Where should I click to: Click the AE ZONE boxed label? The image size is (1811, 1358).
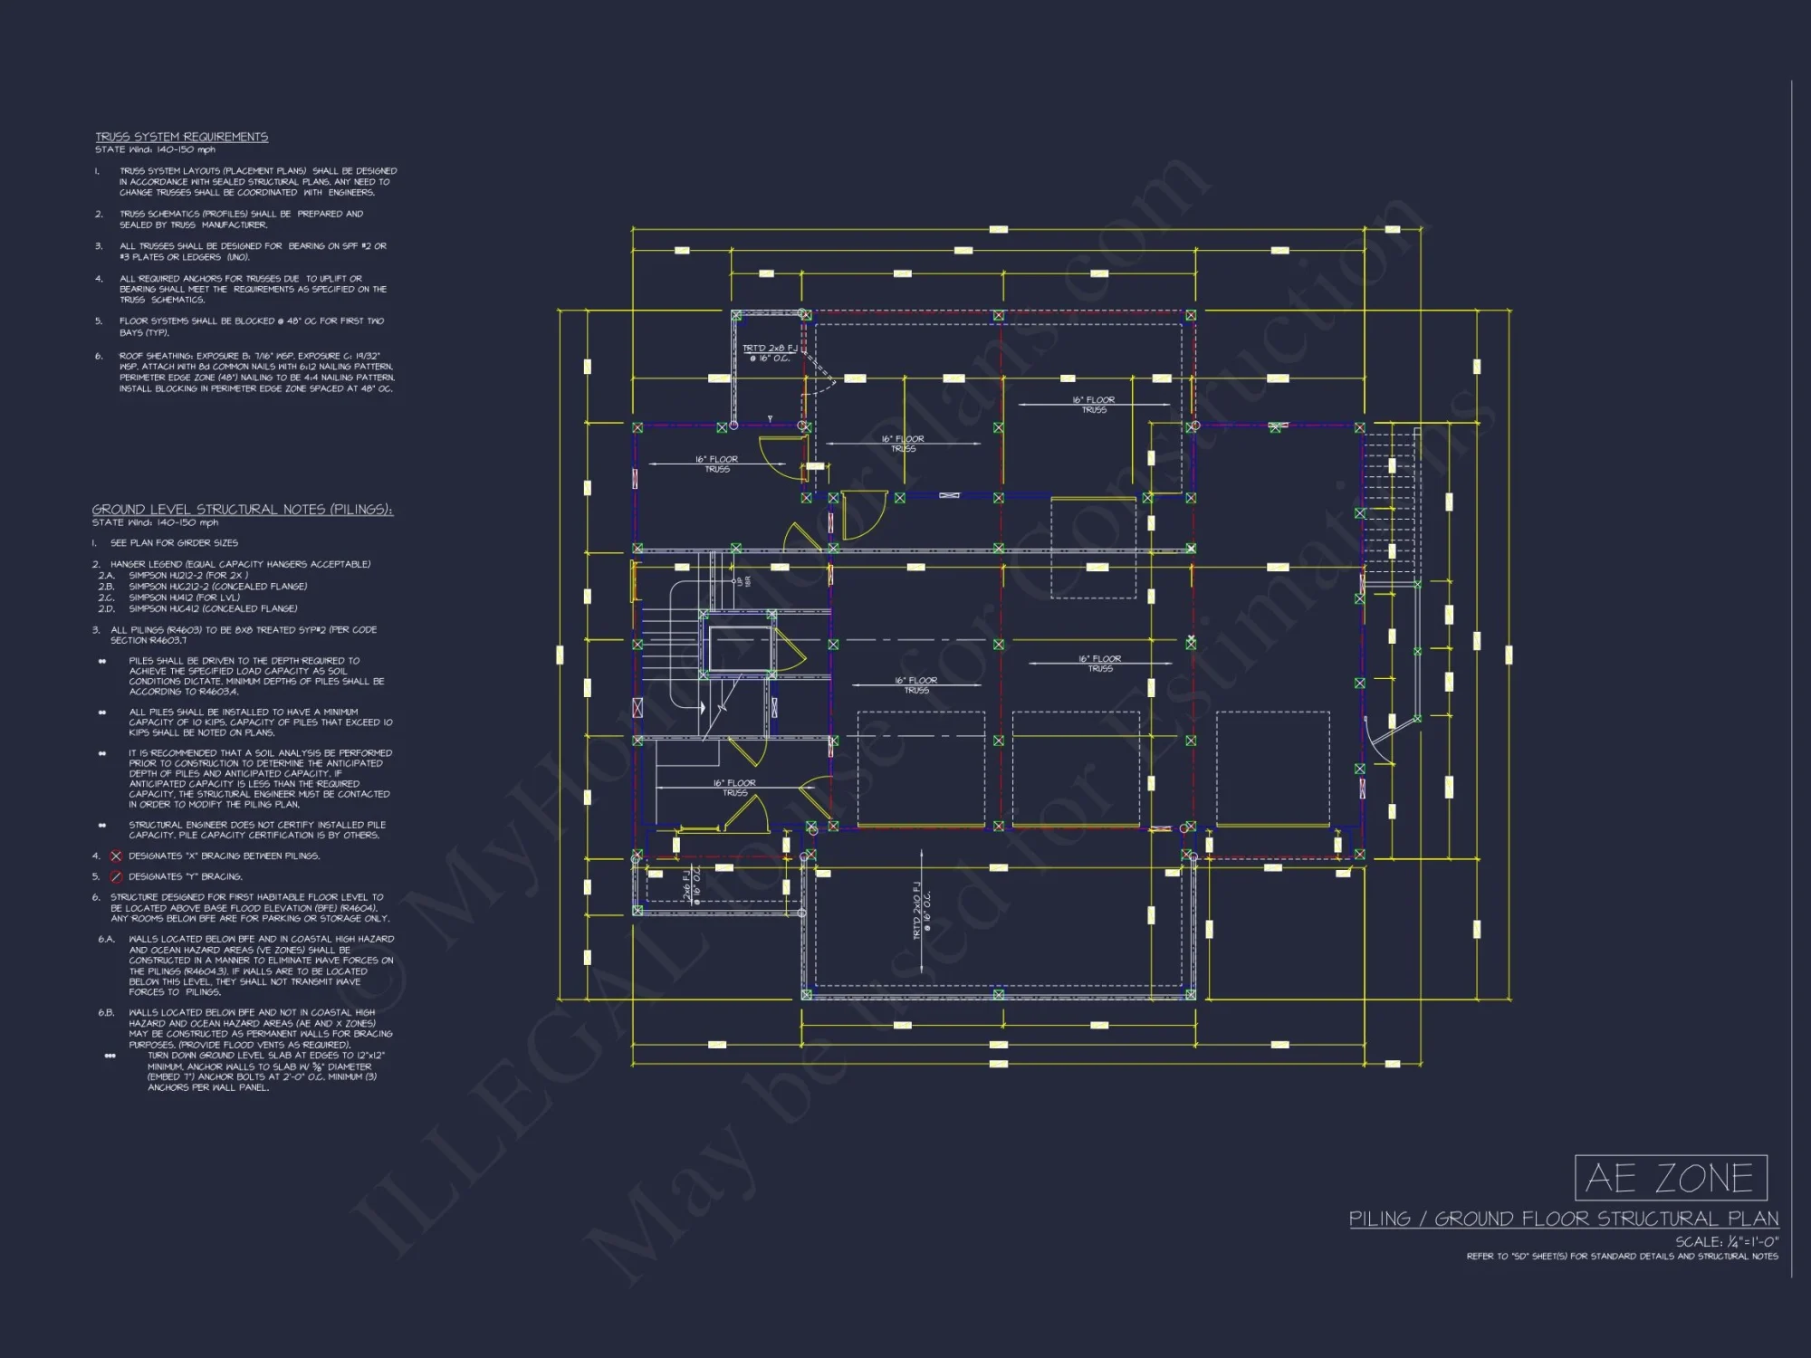coord(1671,1178)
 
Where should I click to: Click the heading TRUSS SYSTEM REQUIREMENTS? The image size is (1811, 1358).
coord(181,137)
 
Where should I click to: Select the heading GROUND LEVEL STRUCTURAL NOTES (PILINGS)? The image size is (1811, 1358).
coord(242,510)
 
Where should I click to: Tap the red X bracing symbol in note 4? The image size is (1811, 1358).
coord(116,856)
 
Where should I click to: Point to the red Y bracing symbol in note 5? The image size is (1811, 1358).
coord(116,876)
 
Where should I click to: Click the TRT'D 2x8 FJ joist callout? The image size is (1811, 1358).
coord(770,353)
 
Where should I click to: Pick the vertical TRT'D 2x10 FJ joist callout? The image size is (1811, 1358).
coord(921,910)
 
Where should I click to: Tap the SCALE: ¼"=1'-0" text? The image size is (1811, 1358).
coord(1726,1241)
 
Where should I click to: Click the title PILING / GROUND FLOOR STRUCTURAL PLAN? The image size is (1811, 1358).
coord(1563,1219)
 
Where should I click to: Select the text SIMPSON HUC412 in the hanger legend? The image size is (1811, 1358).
coord(213,608)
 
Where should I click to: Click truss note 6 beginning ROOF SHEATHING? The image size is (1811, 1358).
coord(256,372)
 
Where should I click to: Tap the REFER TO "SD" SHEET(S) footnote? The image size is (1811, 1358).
coord(1622,1256)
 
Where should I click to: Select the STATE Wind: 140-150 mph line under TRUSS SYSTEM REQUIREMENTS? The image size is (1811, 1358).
coord(155,149)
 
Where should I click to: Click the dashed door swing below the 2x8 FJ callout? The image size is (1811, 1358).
coord(821,371)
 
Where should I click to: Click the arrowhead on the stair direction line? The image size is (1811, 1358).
coord(701,709)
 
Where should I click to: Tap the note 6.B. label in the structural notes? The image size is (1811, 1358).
coord(107,1012)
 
